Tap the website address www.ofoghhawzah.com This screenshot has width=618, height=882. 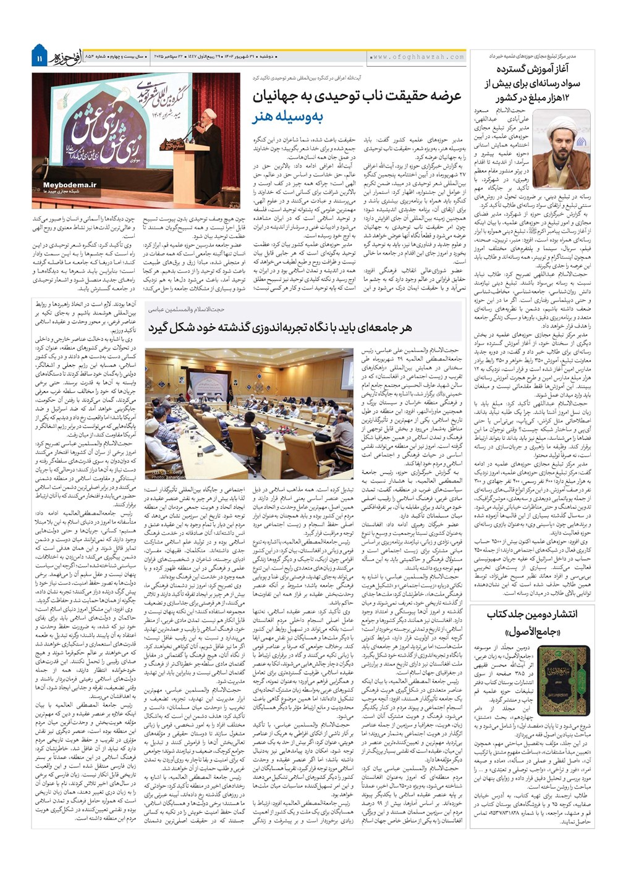click(417, 57)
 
